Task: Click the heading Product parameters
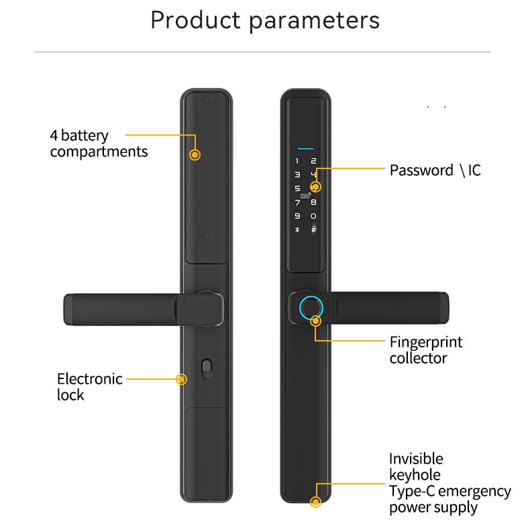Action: (265, 21)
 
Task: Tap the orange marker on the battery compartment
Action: (195, 155)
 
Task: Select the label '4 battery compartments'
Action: (99, 144)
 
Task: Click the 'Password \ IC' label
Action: (435, 170)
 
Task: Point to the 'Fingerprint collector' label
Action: (426, 350)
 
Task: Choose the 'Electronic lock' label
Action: (90, 386)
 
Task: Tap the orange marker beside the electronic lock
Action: (182, 379)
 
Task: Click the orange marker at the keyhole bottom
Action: (316, 502)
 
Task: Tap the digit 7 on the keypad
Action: (297, 203)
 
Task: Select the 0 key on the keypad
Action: (314, 216)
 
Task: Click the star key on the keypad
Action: (297, 230)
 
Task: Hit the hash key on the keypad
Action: (314, 229)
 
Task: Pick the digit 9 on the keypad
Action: (297, 216)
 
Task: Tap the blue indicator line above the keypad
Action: (305, 148)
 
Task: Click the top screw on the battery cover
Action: (207, 99)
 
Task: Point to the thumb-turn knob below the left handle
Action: (207, 369)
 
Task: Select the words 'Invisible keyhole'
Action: (416, 467)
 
